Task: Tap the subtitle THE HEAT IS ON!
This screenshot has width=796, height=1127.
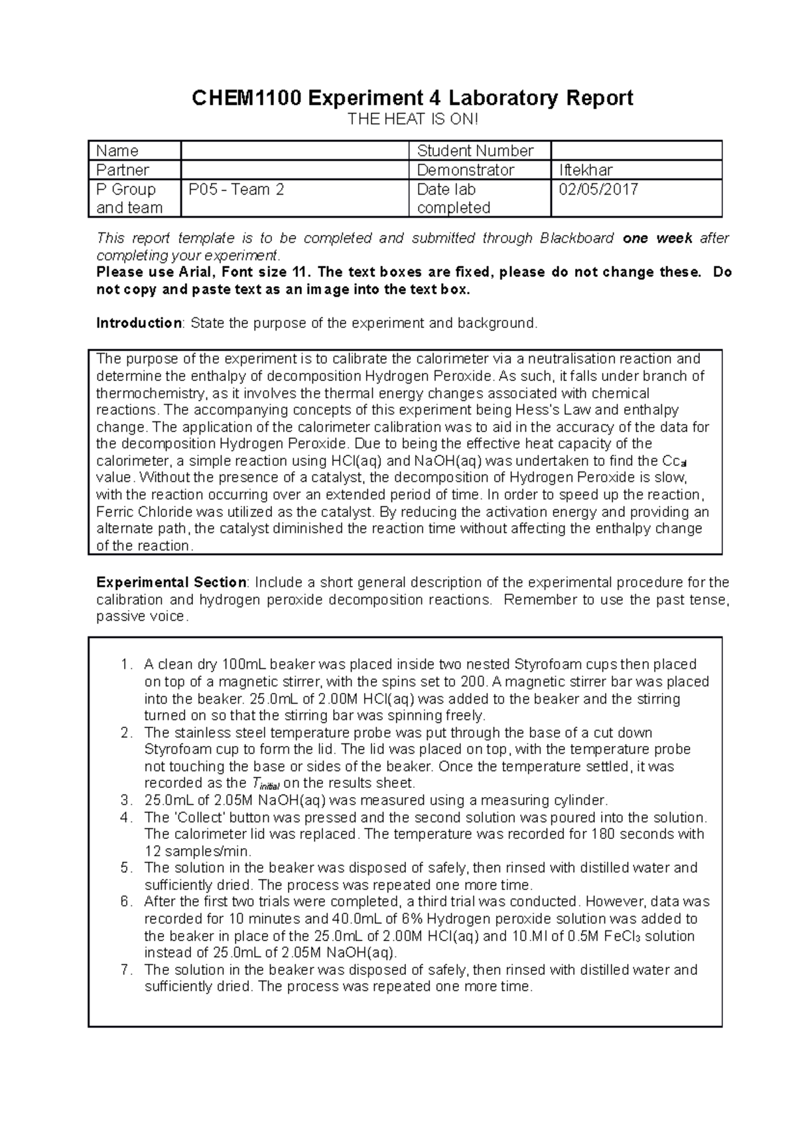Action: tap(413, 119)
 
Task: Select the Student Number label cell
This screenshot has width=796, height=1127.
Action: tap(475, 151)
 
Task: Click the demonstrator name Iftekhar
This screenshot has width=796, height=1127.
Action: tap(586, 170)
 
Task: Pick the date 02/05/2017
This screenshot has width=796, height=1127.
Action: tap(598, 189)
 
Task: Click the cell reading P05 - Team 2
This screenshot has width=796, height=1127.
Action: tap(236, 189)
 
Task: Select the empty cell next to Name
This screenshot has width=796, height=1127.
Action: tap(295, 151)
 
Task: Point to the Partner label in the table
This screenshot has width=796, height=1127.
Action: tap(123, 170)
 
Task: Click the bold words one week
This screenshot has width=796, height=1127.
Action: tap(658, 238)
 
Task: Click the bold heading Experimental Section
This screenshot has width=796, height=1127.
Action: tap(171, 582)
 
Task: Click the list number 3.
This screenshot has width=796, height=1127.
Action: tap(126, 800)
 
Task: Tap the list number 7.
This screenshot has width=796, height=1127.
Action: tap(126, 970)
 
